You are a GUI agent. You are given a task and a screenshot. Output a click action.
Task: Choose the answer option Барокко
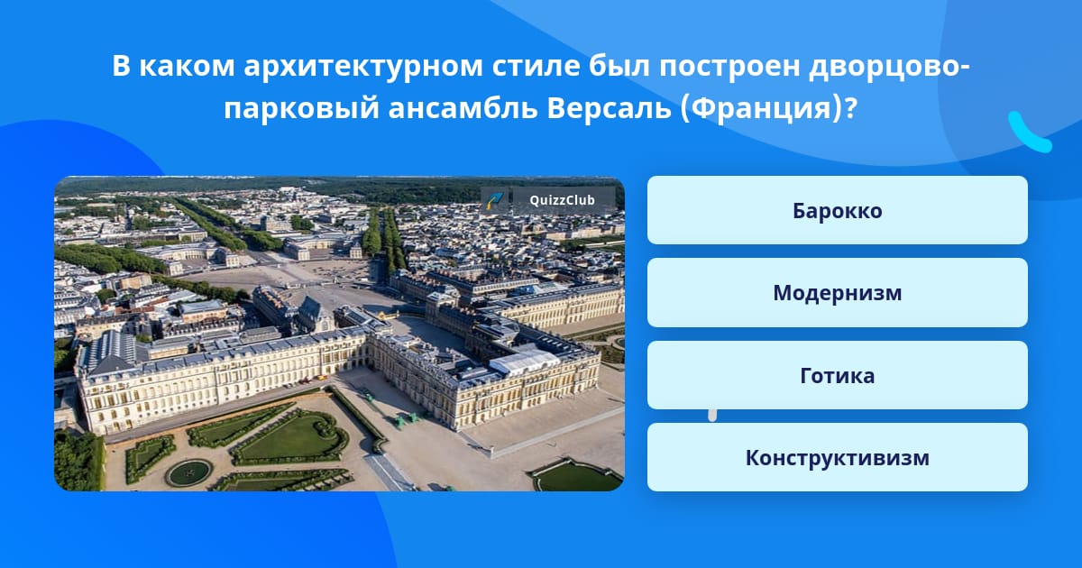[837, 210]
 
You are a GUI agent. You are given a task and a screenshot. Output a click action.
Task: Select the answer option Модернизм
[837, 293]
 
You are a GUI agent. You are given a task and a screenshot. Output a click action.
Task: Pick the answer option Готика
[837, 375]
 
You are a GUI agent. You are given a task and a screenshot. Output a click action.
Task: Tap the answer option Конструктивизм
[837, 457]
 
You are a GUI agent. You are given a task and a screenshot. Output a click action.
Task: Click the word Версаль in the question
[610, 107]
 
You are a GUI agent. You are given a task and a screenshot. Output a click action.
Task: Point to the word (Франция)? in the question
[768, 109]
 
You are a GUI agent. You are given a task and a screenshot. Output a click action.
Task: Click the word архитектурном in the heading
[363, 67]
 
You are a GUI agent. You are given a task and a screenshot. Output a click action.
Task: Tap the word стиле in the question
[536, 66]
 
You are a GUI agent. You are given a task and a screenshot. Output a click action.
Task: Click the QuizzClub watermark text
[562, 200]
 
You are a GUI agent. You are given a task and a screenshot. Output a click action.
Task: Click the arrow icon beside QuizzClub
[495, 200]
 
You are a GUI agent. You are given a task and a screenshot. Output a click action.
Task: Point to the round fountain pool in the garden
[188, 472]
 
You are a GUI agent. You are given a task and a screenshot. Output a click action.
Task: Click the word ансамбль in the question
[463, 107]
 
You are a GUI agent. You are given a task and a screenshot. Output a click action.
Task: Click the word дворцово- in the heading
[889, 67]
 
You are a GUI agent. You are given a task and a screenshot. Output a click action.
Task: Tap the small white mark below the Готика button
[712, 416]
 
